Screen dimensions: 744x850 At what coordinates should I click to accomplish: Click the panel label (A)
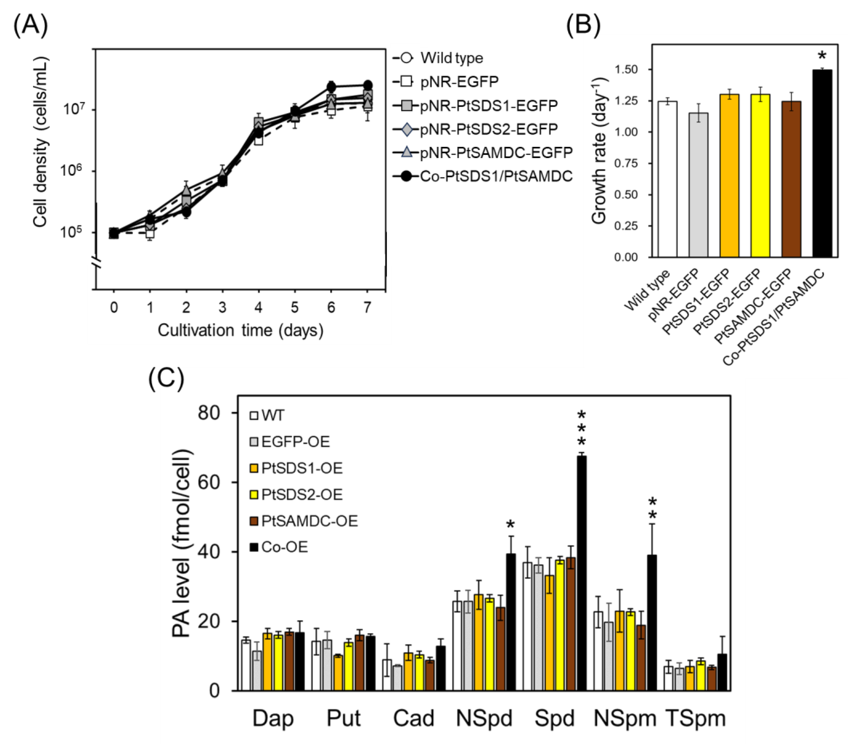coord(31,26)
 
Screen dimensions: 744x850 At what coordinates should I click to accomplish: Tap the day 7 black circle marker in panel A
coord(367,85)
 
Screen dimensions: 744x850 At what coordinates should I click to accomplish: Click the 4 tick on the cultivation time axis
coord(258,307)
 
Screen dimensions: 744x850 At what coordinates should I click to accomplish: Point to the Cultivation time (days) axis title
coord(240,331)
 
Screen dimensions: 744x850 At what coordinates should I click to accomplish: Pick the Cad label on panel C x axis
coord(413,718)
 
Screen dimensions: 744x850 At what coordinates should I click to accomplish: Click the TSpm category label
coord(695,718)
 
